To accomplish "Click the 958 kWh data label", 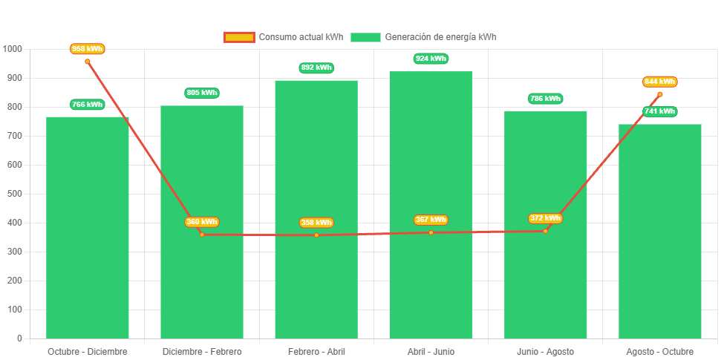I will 88,49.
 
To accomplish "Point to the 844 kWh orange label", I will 660,82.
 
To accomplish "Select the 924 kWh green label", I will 431,59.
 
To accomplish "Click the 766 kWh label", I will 88,105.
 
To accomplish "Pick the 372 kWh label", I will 545,218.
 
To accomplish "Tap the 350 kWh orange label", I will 202,222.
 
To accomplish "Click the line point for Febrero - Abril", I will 316,235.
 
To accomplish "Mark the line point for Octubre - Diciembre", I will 88,62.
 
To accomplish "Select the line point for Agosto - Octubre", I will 659,94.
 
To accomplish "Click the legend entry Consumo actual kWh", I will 283,37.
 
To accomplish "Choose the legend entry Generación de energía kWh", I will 424,37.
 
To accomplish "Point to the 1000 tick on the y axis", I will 13,49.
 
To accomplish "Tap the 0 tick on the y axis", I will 19,338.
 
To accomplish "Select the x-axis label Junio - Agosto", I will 545,351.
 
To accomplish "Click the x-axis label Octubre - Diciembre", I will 88,351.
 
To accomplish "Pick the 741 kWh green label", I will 660,111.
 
